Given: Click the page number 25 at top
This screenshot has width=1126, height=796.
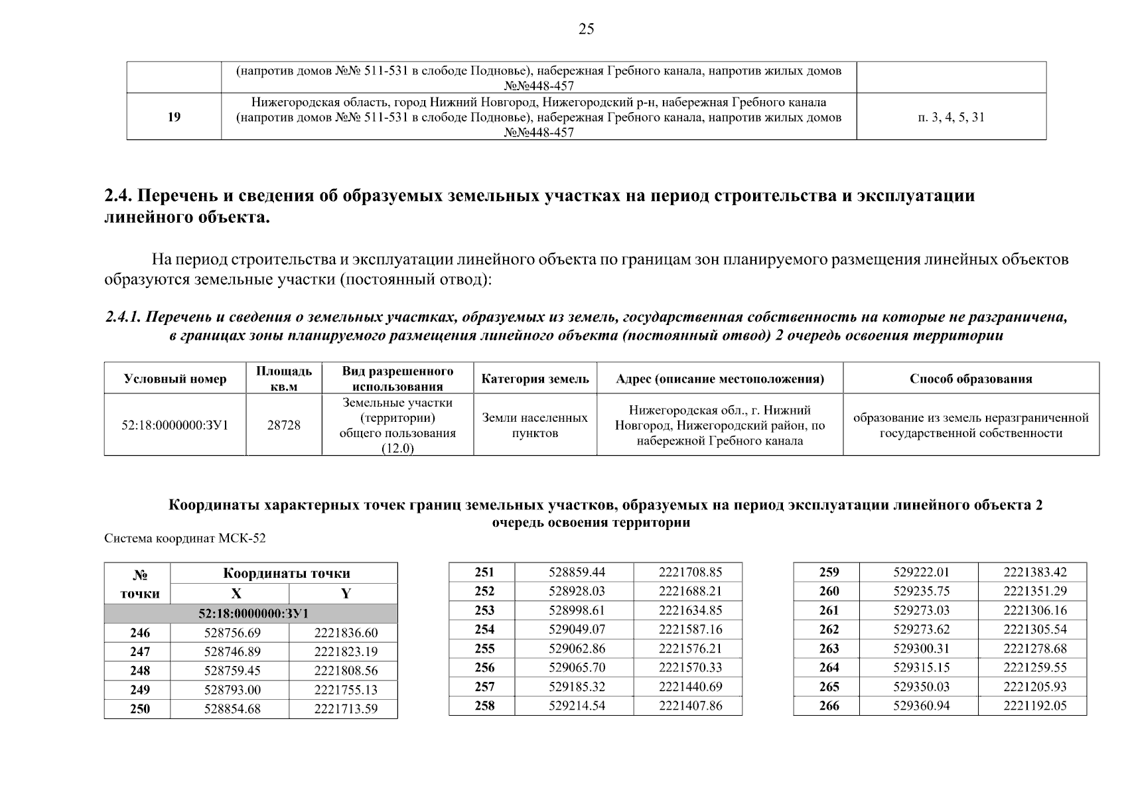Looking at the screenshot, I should click(586, 29).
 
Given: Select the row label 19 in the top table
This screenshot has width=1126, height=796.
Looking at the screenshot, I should click(174, 117).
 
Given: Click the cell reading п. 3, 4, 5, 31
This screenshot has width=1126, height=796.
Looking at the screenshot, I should click(951, 117).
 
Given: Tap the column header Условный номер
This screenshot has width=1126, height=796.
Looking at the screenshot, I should click(175, 379).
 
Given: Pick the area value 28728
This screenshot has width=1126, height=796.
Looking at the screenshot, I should click(283, 425).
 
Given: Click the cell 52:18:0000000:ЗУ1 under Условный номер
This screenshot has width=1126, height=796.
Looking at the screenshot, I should click(175, 425).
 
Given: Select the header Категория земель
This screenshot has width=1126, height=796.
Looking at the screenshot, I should click(535, 379).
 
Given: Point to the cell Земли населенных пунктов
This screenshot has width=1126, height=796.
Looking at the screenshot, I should click(535, 425).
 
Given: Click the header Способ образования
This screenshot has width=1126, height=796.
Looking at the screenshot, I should click(971, 379).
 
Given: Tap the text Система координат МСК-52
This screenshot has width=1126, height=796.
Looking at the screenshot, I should click(185, 539).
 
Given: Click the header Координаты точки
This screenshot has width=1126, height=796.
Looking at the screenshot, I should click(286, 573).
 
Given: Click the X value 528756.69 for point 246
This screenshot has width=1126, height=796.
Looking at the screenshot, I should click(232, 633).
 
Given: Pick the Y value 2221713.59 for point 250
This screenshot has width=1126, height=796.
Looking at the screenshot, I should click(346, 709).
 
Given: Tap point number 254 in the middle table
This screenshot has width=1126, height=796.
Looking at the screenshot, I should click(484, 630).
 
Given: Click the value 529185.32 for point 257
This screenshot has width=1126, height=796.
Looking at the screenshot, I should click(577, 687).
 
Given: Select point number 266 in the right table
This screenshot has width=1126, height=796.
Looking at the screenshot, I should click(829, 706).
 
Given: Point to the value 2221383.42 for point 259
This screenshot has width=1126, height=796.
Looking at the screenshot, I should click(1034, 572).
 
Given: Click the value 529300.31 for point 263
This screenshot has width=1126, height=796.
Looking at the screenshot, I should click(921, 649).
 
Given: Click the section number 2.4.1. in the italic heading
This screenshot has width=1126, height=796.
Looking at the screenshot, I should click(123, 318).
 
